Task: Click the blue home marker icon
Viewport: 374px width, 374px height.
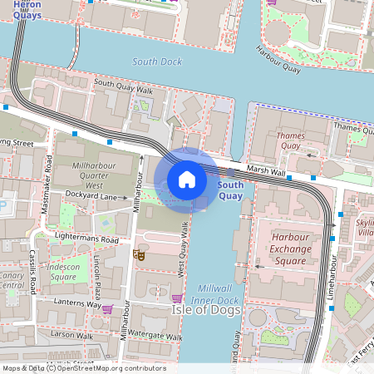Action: click(x=187, y=180)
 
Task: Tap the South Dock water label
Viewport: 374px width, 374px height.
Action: click(x=156, y=62)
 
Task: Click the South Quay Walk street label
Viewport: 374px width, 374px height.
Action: click(x=123, y=85)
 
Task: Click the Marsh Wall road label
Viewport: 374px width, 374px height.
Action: click(x=267, y=170)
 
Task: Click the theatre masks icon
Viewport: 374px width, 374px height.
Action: click(x=140, y=256)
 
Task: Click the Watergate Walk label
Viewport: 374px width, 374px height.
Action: click(x=150, y=337)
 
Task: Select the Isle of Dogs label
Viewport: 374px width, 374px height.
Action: click(x=206, y=310)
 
